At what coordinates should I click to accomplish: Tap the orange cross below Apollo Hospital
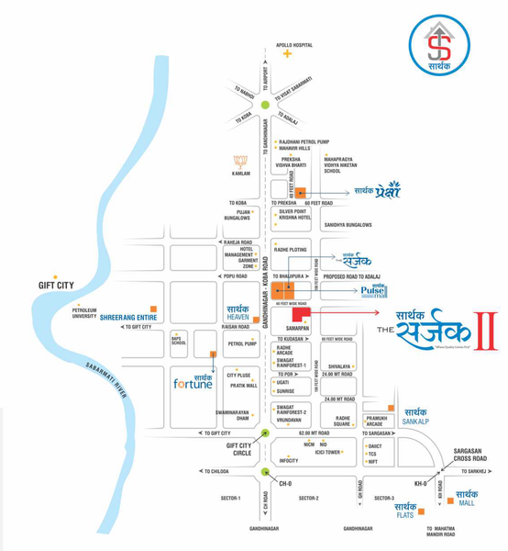coord(287,54)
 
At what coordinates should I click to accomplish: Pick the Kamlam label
coord(241,173)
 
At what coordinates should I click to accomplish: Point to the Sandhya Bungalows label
coord(347,224)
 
